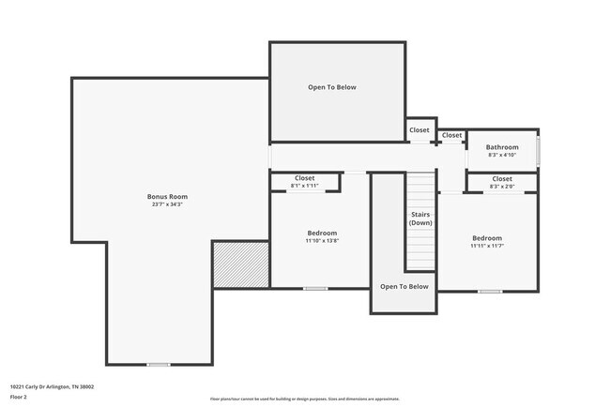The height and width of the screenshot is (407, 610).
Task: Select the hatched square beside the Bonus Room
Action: tap(240, 264)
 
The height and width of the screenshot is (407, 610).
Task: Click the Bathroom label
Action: tap(502, 147)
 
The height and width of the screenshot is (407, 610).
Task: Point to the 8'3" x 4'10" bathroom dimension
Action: tap(502, 155)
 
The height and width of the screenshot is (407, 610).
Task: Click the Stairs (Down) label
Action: tap(421, 219)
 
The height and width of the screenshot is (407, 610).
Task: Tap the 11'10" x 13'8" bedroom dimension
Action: tap(322, 241)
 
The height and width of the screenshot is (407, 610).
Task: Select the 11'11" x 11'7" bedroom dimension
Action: tap(486, 246)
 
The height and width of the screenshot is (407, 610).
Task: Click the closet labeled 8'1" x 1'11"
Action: tap(305, 182)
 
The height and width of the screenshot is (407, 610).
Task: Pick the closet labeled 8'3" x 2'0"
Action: tap(502, 182)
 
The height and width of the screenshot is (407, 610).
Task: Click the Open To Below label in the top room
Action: tap(332, 87)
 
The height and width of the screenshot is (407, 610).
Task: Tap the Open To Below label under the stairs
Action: tap(404, 286)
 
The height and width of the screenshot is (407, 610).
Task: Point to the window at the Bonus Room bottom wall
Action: tap(159, 364)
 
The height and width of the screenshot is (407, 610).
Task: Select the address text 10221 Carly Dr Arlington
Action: tap(52, 386)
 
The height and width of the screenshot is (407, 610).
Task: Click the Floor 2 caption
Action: tap(20, 397)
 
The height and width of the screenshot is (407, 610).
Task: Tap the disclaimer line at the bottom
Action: tap(304, 399)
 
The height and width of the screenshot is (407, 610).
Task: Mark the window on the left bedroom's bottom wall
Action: tap(315, 288)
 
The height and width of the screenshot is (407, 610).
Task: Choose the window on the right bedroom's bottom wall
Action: tap(489, 292)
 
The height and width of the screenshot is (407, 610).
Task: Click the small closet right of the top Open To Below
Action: tap(419, 130)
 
